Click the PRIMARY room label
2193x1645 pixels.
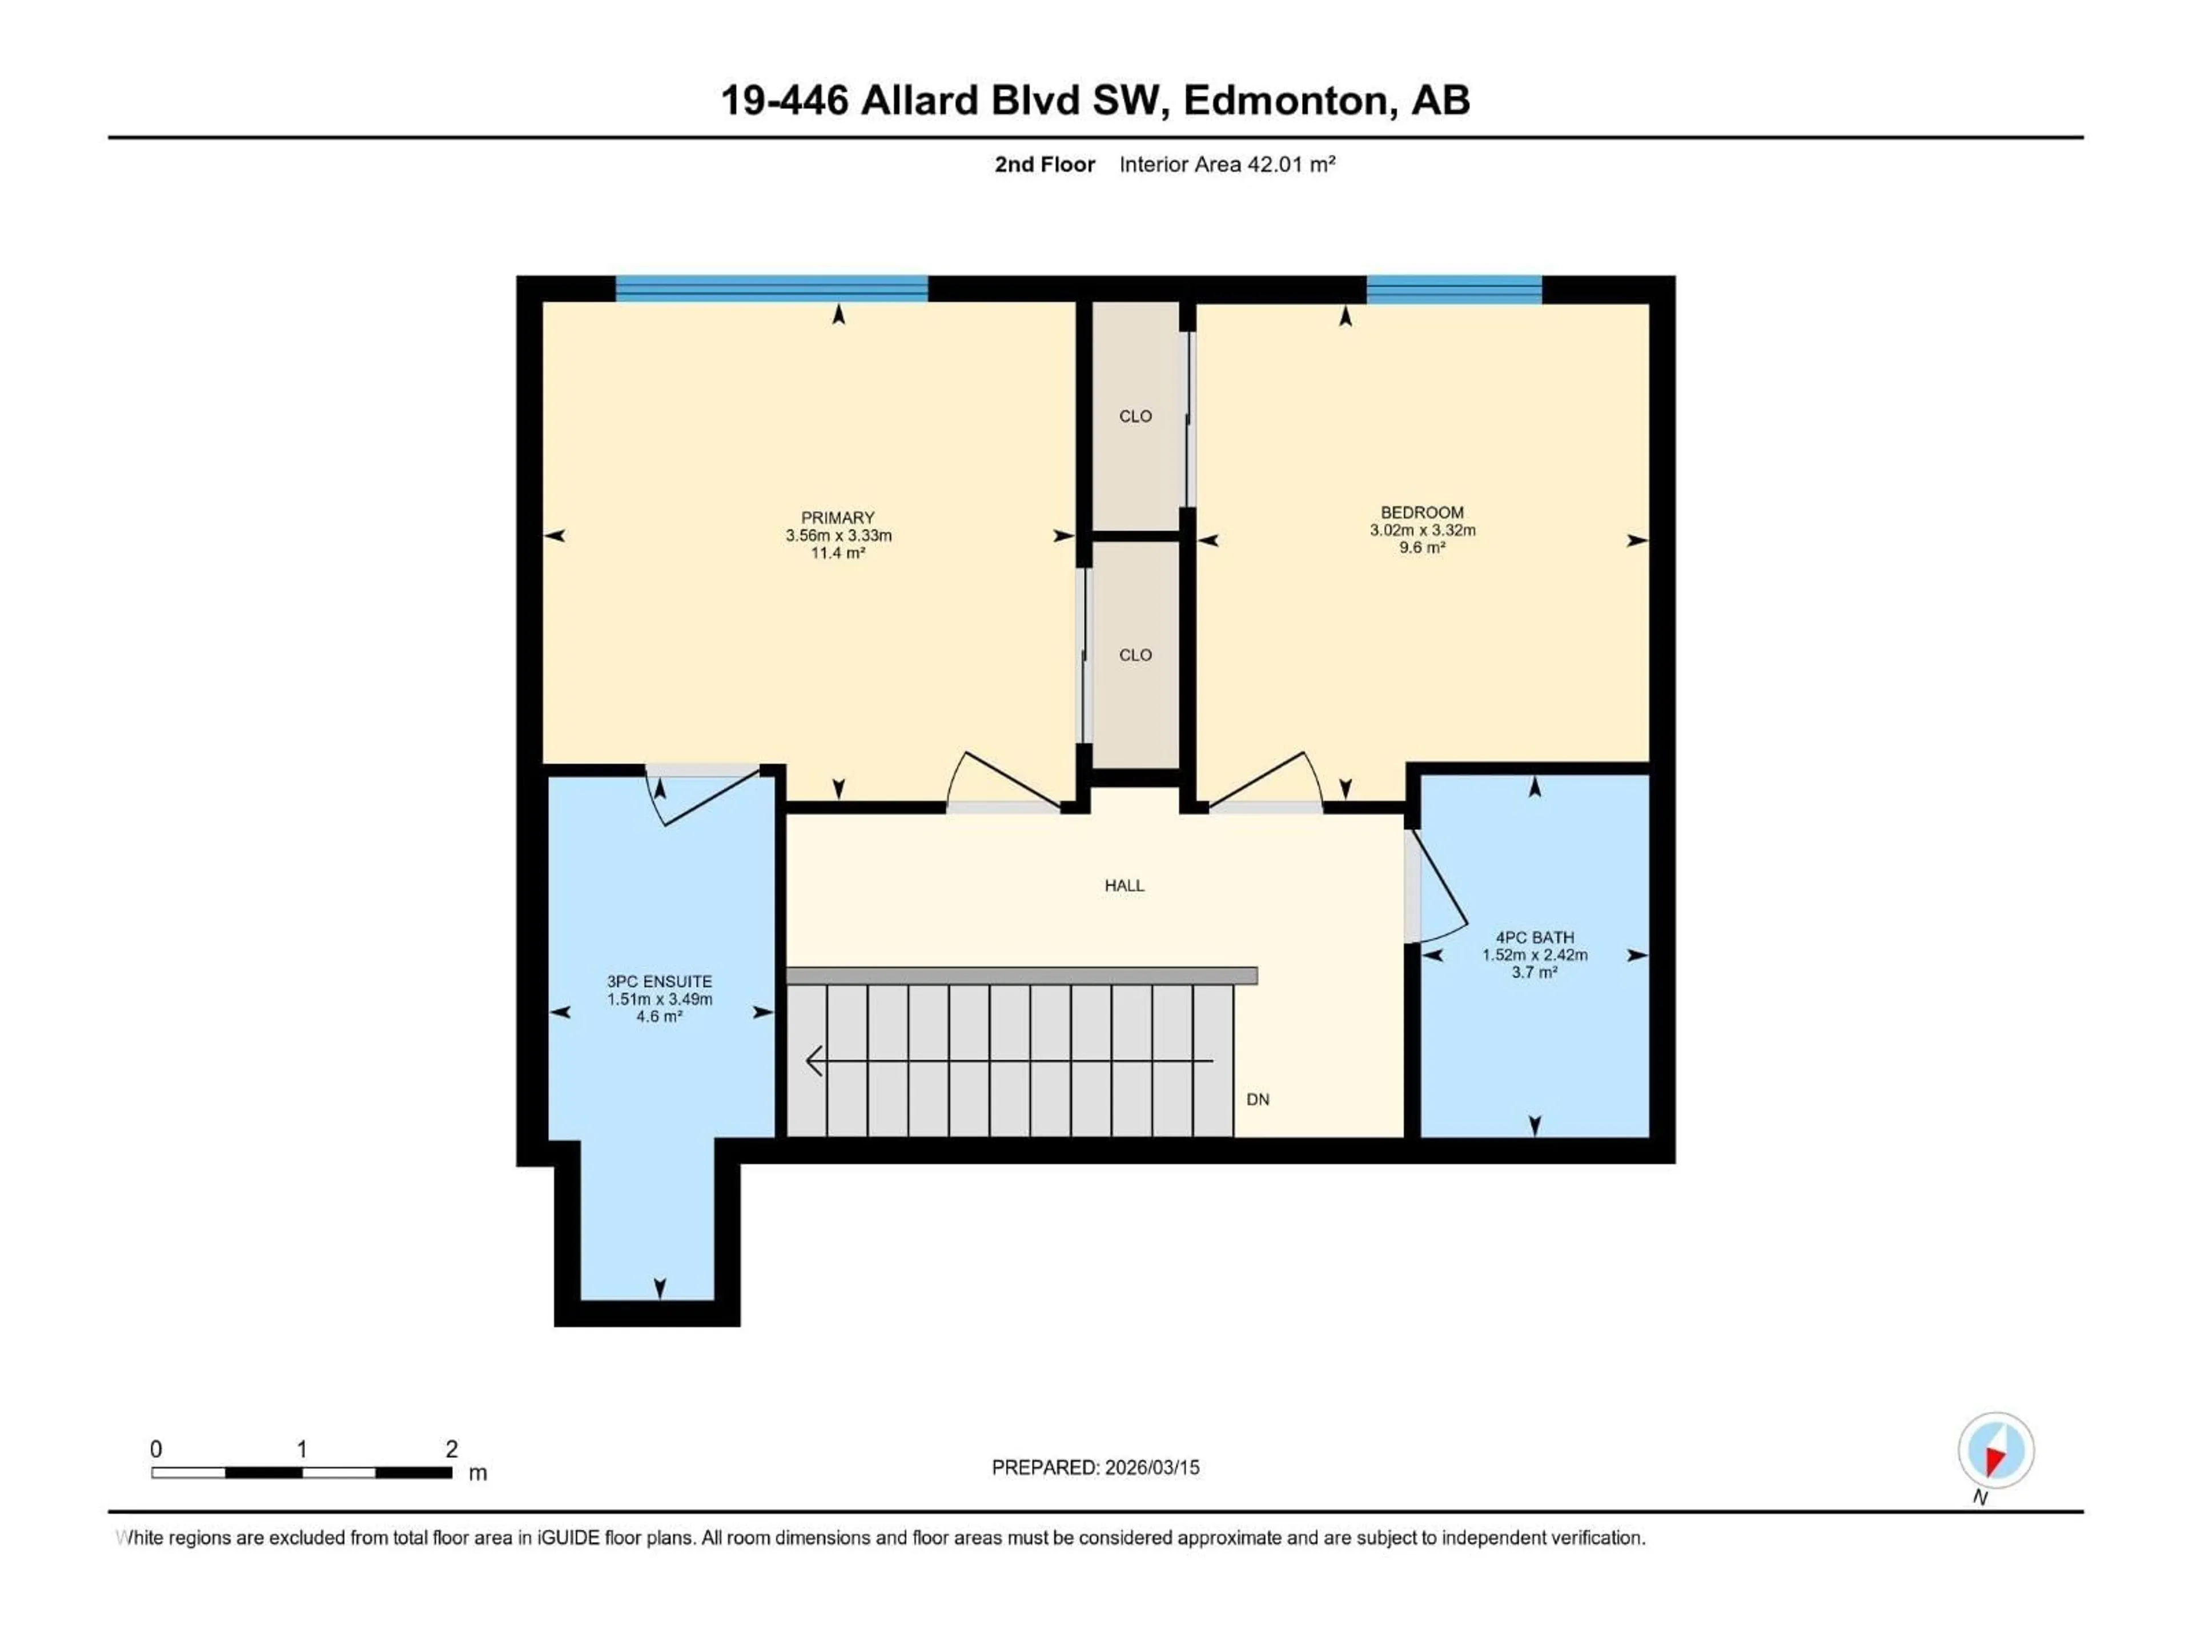coord(838,517)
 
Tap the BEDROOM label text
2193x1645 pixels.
coord(1421,513)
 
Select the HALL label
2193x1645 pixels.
coord(1124,885)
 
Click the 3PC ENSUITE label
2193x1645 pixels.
coord(659,982)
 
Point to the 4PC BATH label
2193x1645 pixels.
coord(1534,937)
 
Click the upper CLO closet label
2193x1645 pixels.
coord(1135,416)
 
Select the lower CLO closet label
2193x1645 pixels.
coord(1135,655)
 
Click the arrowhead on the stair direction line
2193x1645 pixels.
coord(814,1061)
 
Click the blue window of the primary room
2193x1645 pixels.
coord(772,288)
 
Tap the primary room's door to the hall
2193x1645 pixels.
coord(1001,783)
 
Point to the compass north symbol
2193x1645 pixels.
coord(1996,1451)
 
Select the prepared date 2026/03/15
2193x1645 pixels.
coord(1150,1467)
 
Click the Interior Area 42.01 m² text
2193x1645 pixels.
coord(1226,164)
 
